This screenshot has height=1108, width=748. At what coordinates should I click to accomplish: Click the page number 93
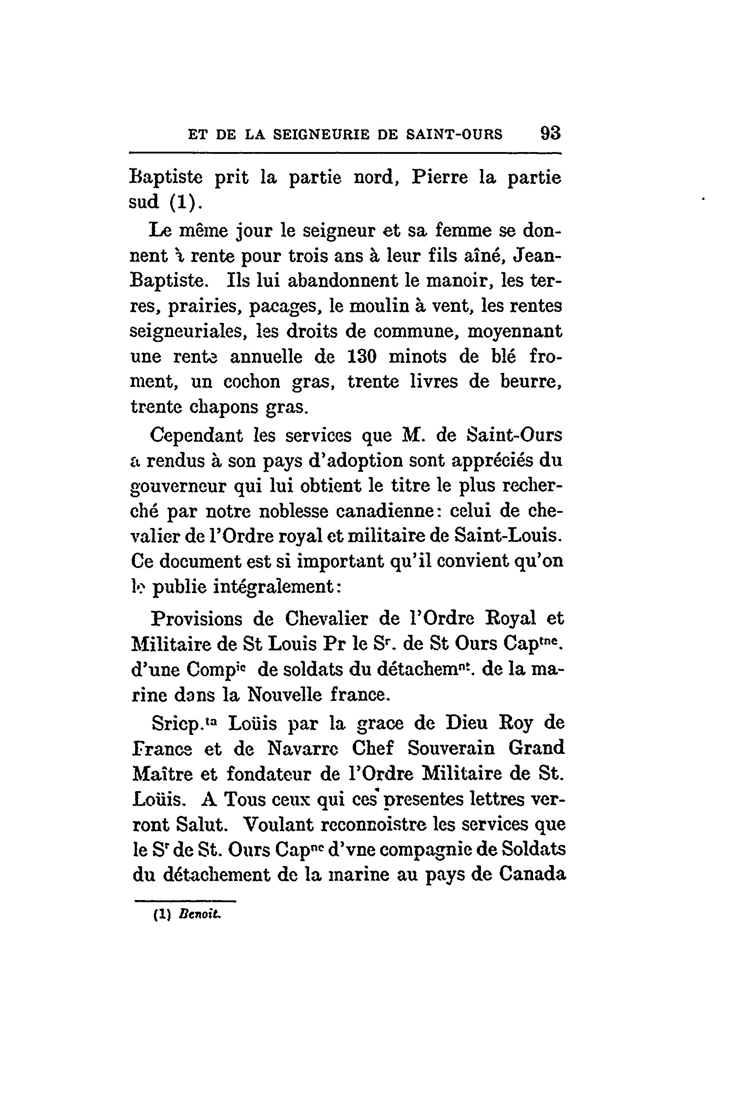[550, 133]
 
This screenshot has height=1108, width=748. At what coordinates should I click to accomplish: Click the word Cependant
[197, 435]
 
